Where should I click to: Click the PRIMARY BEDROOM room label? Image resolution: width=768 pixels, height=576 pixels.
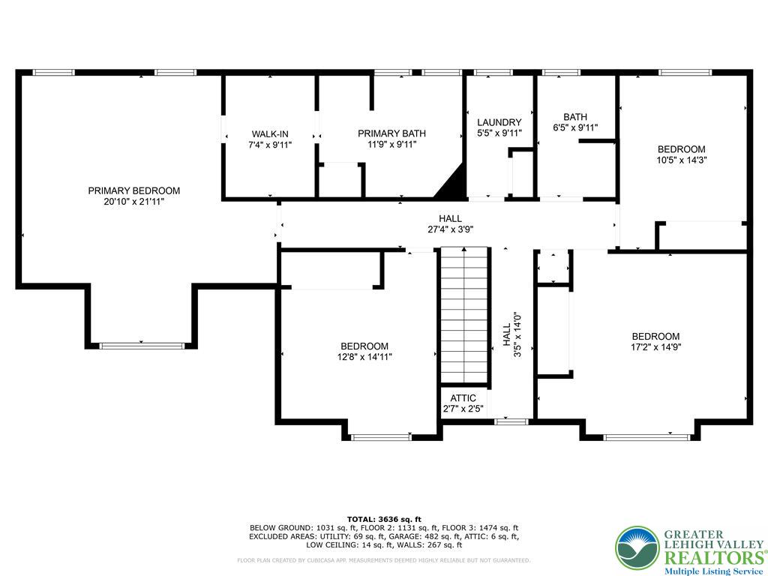pyautogui.click(x=133, y=190)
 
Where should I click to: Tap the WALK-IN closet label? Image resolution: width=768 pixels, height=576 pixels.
pyautogui.click(x=269, y=133)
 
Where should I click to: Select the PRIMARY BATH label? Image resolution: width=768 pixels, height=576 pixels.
pyautogui.click(x=391, y=133)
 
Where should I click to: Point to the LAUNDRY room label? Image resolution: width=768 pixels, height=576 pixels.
pyautogui.click(x=499, y=122)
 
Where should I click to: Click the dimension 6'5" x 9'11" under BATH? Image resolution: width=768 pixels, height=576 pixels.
pyautogui.click(x=575, y=127)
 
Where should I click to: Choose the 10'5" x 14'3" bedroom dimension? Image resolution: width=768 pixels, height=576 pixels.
pyautogui.click(x=681, y=160)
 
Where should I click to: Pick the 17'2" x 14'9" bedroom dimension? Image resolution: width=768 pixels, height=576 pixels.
pyautogui.click(x=655, y=347)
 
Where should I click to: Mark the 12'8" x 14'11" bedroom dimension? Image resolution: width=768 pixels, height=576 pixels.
pyautogui.click(x=364, y=357)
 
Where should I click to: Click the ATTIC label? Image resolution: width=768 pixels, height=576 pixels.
pyautogui.click(x=463, y=398)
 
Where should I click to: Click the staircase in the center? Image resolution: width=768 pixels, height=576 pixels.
pyautogui.click(x=464, y=315)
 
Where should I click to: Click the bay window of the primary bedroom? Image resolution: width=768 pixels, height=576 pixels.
pyautogui.click(x=142, y=345)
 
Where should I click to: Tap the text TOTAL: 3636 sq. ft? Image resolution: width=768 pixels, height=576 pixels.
pyautogui.click(x=384, y=519)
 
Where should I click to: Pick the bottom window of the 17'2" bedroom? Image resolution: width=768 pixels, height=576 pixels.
pyautogui.click(x=649, y=436)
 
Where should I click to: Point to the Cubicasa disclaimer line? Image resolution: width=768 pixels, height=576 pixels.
pyautogui.click(x=384, y=560)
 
